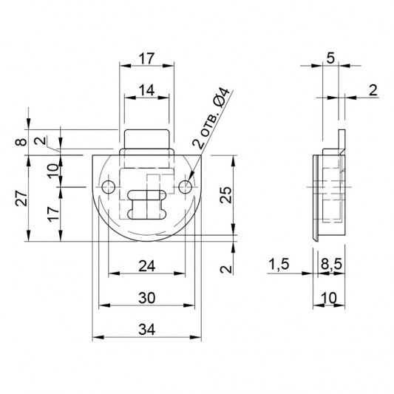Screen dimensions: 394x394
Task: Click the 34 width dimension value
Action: pos(147,329)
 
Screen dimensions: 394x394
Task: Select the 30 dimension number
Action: pos(147,298)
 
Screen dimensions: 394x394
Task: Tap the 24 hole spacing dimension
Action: pos(147,266)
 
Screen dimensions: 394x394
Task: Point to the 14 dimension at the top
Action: pos(147,90)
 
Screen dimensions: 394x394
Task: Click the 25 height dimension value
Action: pos(226,194)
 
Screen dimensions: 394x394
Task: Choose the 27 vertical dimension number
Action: pos(21,198)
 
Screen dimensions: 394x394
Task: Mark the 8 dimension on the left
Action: pos(21,142)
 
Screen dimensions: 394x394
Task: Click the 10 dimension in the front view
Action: pos(53,171)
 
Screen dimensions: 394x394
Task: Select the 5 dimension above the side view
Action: pos(330,58)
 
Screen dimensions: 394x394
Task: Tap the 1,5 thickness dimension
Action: pos(279,265)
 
